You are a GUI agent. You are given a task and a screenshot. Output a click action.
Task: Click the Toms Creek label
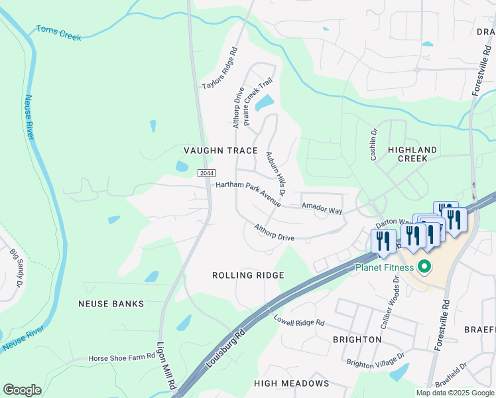tap(58, 33)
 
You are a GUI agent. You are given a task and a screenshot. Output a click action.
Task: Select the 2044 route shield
tap(206, 173)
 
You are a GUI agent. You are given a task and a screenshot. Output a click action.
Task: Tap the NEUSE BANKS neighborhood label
tap(111, 304)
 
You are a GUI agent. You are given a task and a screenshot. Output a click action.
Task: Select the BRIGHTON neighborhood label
tap(357, 340)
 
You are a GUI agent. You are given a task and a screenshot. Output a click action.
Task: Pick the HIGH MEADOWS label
tap(292, 383)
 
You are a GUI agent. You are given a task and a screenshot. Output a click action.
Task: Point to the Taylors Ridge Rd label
tap(220, 68)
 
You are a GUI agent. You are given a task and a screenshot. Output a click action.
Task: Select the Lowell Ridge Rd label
tap(299, 320)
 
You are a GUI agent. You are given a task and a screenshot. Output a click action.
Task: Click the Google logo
tap(23, 390)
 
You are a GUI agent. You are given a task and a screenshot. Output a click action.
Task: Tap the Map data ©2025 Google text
tap(455, 393)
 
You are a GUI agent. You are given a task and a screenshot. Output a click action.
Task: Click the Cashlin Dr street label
tap(373, 145)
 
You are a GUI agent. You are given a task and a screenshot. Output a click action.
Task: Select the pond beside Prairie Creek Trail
tap(265, 103)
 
